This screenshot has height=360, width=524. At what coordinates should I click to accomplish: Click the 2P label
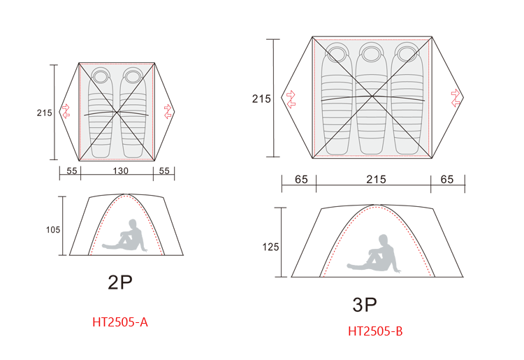pos(120,282)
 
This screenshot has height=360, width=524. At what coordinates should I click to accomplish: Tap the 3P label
pos(365,305)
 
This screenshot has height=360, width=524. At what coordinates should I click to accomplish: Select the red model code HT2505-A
pos(120,322)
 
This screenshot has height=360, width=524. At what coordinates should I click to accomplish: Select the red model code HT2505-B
pos(375,331)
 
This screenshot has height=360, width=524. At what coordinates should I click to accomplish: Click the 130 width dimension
pos(120,171)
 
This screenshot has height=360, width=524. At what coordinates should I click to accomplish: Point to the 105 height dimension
pos(53,230)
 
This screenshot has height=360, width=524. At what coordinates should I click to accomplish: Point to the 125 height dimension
pos(270,247)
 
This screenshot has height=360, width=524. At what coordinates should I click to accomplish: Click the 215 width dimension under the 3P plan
pos(376,180)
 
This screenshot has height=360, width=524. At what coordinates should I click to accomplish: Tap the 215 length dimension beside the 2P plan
pos(44,113)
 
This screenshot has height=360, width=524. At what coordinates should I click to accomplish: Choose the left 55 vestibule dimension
pos(71,171)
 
